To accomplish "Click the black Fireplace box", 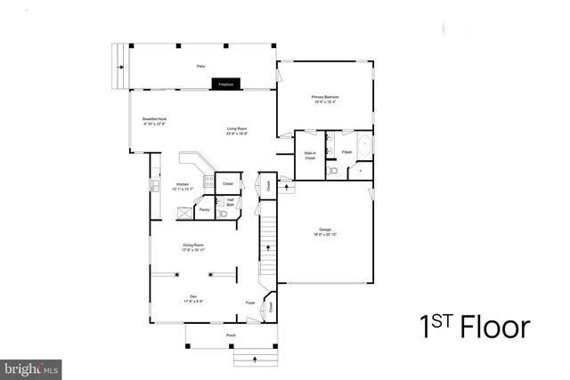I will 225,85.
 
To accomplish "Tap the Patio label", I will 201,66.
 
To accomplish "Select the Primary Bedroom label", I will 325,98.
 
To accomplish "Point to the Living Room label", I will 235,131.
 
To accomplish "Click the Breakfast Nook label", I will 154,121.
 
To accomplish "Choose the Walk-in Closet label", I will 310,156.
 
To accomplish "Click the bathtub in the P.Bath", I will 363,145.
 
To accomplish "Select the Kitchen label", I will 182,186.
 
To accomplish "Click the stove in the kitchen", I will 154,186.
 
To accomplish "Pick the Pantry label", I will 204,210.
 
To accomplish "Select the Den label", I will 191,297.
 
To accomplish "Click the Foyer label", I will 250,303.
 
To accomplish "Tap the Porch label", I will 231,336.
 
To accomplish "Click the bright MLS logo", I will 31,367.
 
